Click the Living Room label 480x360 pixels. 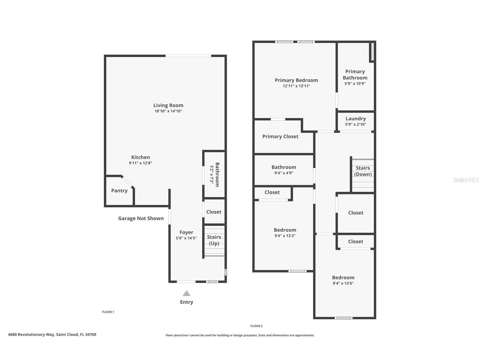(168, 105)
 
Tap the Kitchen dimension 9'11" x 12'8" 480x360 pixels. (141, 163)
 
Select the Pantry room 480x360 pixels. (119, 190)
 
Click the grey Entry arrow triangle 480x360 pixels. (186, 293)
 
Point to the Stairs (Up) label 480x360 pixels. (214, 240)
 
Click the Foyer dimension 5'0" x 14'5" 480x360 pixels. (186, 238)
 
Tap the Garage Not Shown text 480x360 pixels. (141, 218)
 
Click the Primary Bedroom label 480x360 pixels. (296, 80)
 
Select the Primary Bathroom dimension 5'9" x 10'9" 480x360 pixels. (355, 83)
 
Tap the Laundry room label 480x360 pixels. (356, 119)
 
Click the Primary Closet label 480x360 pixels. (280, 136)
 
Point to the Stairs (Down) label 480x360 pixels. (363, 171)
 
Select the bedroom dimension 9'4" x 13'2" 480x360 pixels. (285, 236)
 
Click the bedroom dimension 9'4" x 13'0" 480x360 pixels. (343, 283)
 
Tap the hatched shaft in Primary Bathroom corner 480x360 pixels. (373, 52)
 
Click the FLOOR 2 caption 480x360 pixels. (256, 326)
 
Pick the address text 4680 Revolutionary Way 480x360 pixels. (52, 334)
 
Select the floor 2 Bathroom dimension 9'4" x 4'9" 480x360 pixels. (284, 173)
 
